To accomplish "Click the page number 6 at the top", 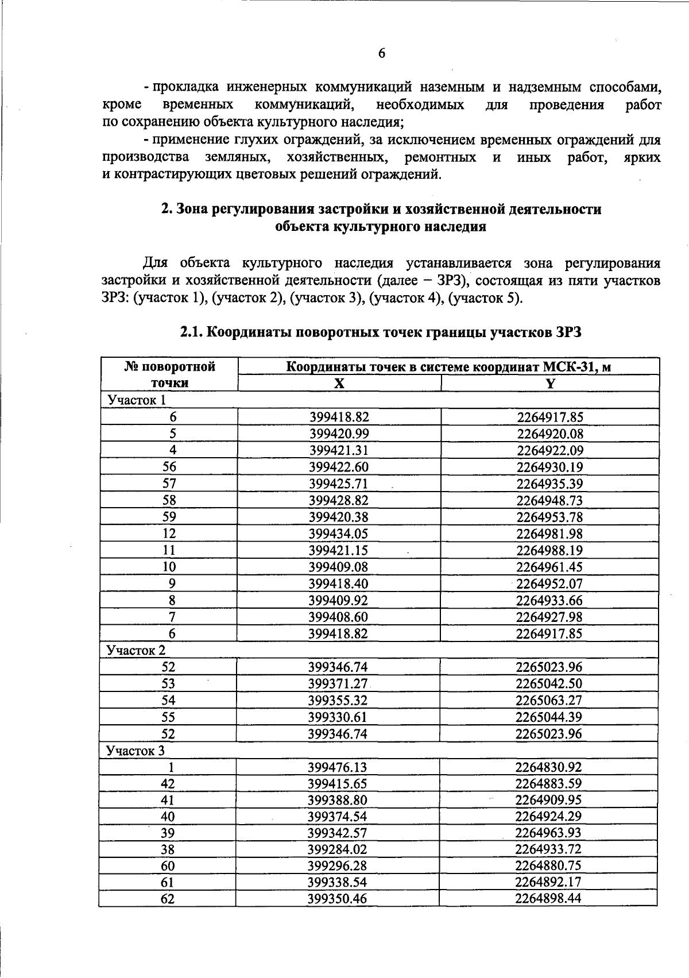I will coord(382,53).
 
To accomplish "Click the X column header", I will coord(339,383).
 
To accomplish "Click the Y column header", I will coord(550,383).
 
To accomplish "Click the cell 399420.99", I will coord(339,434).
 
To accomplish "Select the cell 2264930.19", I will coord(549,467).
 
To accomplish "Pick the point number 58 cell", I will coord(169,500).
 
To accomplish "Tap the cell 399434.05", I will coord(338,534).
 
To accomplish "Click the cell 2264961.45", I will coord(549,567).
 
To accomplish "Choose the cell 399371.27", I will coord(338,683).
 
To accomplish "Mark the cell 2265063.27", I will coord(549,700).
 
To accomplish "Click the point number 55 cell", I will coord(168,717).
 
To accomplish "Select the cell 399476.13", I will coord(337,767).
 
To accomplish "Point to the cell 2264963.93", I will coord(548,833).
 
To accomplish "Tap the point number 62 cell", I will coord(168,898).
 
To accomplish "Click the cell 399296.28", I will coord(337,865).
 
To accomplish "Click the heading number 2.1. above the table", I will coord(192,332).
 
